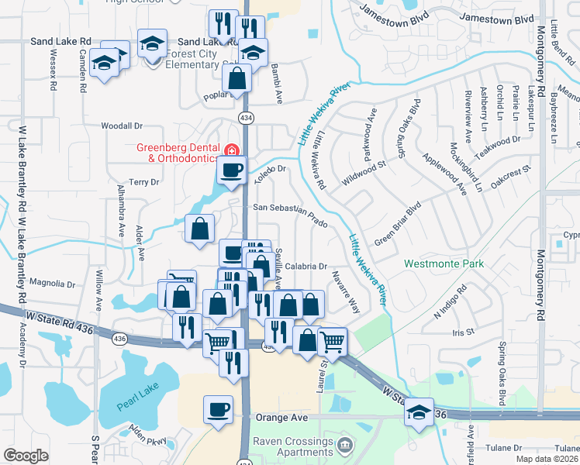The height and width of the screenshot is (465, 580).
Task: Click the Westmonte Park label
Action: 444,264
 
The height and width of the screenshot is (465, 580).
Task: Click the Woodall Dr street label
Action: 123,126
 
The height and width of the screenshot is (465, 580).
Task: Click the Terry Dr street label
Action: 143,182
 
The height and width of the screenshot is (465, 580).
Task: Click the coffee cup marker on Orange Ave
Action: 218,408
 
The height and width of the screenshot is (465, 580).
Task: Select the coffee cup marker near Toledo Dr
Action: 231,169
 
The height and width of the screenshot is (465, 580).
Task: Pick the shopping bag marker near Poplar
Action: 236,77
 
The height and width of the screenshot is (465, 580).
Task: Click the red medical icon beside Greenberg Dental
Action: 230,149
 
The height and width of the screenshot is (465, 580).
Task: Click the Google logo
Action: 26,456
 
